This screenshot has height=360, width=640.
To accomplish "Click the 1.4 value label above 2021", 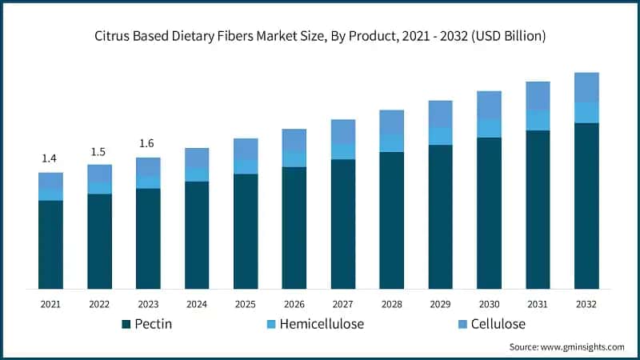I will click(x=50, y=158).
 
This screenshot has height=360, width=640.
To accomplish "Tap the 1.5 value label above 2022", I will click(x=99, y=151).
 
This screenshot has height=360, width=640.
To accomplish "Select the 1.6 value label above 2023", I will click(x=148, y=144).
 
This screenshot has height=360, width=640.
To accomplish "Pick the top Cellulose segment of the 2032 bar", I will click(x=586, y=87).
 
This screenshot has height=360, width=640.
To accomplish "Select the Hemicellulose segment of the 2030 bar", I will click(x=489, y=128).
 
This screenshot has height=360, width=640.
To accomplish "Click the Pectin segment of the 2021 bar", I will click(x=50, y=244).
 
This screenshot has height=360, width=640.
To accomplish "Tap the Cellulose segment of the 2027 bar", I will click(x=343, y=132).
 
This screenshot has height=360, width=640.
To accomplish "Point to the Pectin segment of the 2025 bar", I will click(x=246, y=231).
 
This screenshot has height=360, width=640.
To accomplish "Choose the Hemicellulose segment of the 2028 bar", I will click(x=392, y=142).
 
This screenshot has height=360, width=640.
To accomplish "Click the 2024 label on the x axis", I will click(x=197, y=304).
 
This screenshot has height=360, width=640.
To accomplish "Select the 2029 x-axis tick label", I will click(x=441, y=304).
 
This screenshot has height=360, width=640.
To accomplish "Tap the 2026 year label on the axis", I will click(x=294, y=304).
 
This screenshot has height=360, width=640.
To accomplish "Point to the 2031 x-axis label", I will click(x=538, y=304).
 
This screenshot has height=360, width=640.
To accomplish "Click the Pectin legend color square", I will click(x=126, y=324).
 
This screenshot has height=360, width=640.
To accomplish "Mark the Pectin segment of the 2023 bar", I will click(x=148, y=238).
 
